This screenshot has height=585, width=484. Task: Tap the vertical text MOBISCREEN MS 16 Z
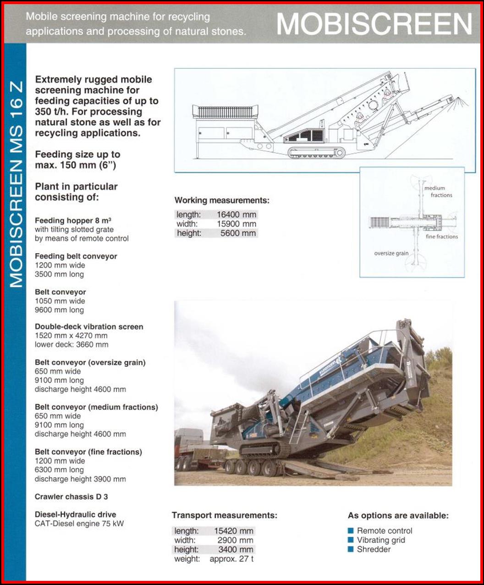point(16,183)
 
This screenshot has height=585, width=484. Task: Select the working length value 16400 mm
point(236,215)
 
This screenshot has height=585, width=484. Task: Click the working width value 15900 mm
point(236,224)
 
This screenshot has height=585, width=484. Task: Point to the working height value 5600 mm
point(239,233)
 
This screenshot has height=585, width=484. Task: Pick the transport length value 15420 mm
point(233,531)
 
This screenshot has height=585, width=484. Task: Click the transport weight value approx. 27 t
point(231,559)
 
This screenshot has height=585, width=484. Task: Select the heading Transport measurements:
point(224,515)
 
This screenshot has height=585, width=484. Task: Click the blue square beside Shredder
point(351,549)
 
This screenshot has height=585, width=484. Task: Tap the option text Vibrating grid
point(381,540)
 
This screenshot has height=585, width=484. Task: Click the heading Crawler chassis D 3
point(71,497)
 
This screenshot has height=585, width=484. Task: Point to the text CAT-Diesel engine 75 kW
point(79,524)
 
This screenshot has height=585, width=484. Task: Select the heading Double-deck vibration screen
point(89,327)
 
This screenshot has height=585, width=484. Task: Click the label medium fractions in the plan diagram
point(438,192)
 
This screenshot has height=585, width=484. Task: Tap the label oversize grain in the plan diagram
point(391,253)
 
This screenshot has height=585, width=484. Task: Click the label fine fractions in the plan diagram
point(441,237)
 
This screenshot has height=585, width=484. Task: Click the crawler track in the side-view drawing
point(317,153)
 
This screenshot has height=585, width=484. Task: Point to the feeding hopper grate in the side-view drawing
point(225,112)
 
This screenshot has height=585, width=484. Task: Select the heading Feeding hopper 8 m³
point(73,221)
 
